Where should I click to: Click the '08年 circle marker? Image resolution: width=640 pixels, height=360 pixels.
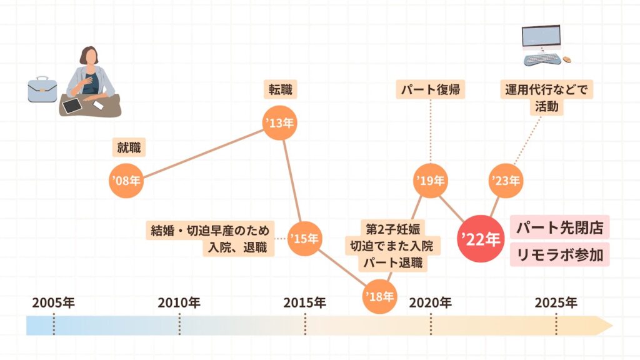pos(126,181)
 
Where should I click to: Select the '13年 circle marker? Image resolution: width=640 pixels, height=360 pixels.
pos(280,123)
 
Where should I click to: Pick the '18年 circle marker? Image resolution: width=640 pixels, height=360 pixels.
pos(380,296)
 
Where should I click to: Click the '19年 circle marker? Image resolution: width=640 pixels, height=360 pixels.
pos(431,181)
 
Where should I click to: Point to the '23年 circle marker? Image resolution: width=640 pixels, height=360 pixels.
pos(505,181)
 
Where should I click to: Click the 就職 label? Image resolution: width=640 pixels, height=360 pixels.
pos(129,148)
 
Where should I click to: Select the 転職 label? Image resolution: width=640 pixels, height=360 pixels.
pos(279,90)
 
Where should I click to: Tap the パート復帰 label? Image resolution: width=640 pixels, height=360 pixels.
pos(431,90)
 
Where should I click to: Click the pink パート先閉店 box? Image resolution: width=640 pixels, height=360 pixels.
pos(559,227)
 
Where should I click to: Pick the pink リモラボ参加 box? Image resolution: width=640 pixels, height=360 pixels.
pos(559,255)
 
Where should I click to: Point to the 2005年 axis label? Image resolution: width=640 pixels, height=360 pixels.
pos(54,303)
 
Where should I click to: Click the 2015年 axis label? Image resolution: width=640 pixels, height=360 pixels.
pos(304,303)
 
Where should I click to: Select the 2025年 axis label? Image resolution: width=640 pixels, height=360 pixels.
pos(556,303)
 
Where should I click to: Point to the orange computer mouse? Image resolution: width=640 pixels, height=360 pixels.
pos(567,59)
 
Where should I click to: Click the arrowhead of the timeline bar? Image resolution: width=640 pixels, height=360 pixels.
pos(606,326)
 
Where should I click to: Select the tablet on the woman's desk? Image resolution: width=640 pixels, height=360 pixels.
pos(73,106)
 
